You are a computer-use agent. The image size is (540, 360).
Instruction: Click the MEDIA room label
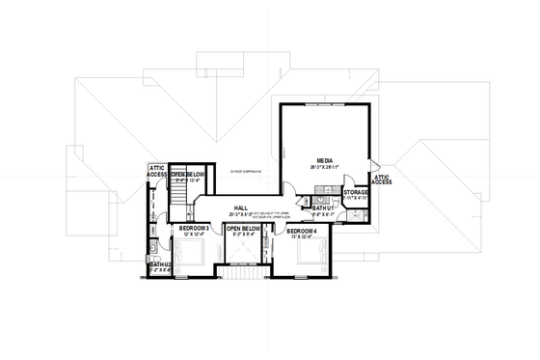324,162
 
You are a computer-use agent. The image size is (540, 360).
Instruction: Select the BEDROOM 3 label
194,228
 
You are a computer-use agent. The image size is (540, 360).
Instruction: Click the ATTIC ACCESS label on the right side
382,178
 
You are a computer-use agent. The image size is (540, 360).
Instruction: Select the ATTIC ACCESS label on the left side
157,170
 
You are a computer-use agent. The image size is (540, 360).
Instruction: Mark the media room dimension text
324,169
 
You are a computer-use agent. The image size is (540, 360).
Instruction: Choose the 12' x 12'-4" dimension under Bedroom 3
194,235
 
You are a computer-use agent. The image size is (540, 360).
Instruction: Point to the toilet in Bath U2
153,253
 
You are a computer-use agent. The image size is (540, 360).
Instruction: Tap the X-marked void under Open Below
243,253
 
